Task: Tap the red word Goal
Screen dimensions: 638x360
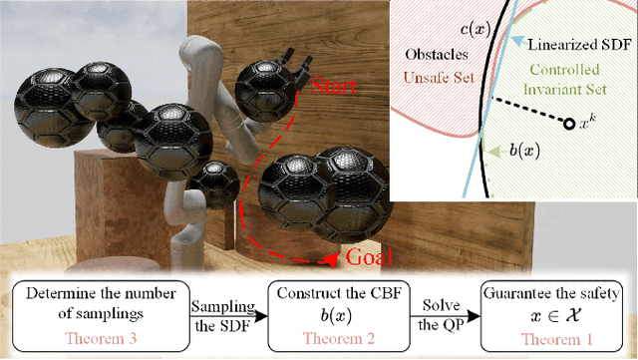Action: pyautogui.click(x=364, y=256)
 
